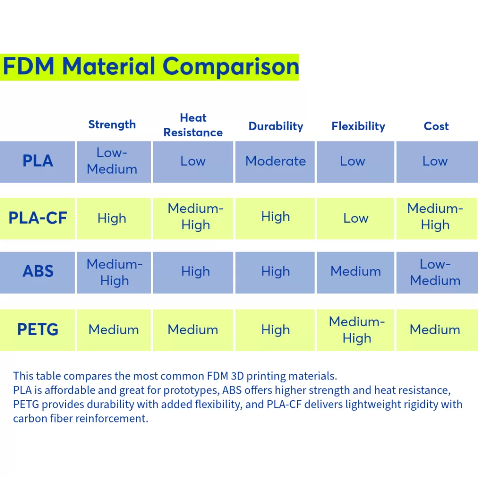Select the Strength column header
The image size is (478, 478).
(112, 125)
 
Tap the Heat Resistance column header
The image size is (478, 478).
(193, 125)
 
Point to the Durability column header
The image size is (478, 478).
(276, 126)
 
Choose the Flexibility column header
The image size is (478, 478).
(358, 126)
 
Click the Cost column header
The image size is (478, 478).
(436, 126)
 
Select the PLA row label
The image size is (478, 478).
(38, 161)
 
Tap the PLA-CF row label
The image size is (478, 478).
(38, 218)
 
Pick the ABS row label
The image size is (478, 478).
(38, 271)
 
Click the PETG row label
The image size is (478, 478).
(38, 329)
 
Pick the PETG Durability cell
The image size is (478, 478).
(275, 330)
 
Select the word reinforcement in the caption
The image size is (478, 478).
(112, 418)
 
